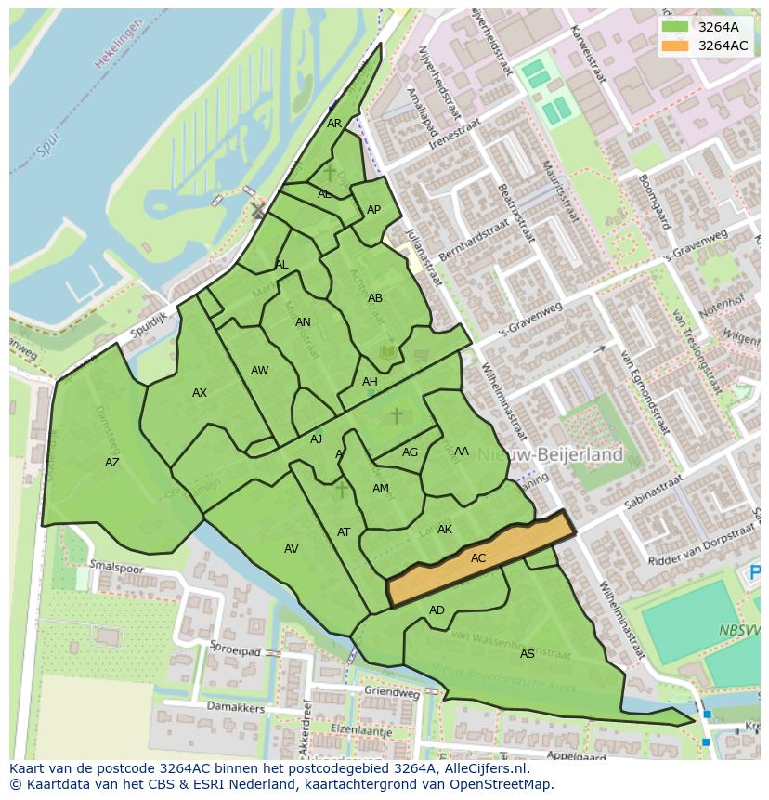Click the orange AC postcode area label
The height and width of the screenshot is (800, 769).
[478, 558]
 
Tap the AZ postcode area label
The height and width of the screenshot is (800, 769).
[111, 463]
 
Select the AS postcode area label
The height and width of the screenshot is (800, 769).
[527, 654]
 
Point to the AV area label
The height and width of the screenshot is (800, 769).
[291, 549]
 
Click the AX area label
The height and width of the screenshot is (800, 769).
[199, 393]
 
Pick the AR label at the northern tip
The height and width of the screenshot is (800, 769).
[334, 124]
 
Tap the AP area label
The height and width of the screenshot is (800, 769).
[373, 210]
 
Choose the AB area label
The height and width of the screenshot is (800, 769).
[374, 298]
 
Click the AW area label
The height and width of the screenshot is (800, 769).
[259, 371]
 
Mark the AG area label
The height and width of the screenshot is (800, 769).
[410, 452]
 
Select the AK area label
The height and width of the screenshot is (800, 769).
[444, 530]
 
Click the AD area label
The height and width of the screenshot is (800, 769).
[437, 610]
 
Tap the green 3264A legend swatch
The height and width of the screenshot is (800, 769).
[676, 27]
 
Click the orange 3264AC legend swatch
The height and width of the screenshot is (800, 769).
[676, 46]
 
